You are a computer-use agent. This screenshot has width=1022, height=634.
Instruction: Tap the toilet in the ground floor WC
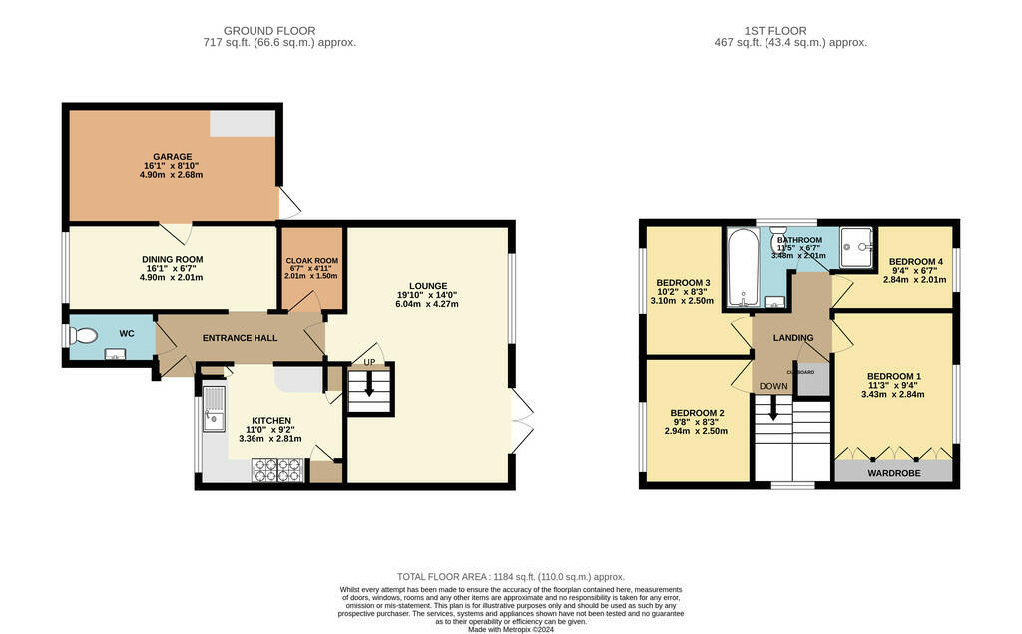click(x=84, y=337)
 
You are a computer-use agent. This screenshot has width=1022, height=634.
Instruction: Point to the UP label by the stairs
click(x=369, y=361)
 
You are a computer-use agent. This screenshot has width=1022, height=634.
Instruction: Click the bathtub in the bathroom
click(x=741, y=268)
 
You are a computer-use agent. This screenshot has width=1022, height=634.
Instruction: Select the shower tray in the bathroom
click(x=856, y=248)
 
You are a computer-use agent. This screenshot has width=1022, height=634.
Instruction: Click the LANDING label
click(x=794, y=338)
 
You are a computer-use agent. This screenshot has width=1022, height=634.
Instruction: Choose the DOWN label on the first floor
click(x=772, y=386)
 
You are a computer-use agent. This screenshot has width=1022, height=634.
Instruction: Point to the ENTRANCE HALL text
click(x=240, y=338)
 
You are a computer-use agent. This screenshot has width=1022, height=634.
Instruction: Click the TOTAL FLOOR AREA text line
click(x=510, y=577)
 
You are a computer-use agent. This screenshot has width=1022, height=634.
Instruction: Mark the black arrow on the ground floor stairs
click(x=369, y=384)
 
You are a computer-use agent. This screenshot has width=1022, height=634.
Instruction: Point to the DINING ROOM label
click(x=172, y=259)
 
